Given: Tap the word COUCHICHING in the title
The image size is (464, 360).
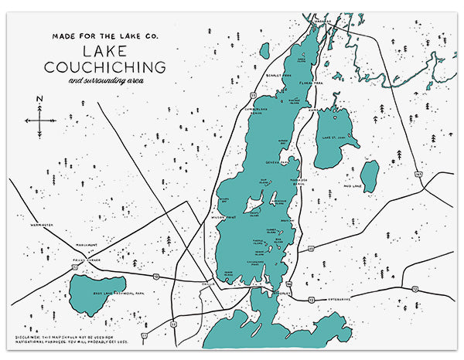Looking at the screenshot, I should [x=109, y=66].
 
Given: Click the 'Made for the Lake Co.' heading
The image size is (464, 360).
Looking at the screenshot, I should [x=109, y=36].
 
